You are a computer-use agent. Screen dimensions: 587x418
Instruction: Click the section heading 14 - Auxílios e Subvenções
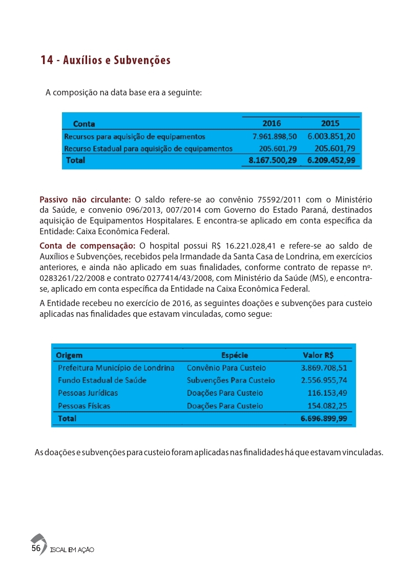click(x=106, y=60)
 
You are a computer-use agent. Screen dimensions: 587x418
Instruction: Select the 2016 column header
click(x=271, y=124)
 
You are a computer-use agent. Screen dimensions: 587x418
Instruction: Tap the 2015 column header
click(x=330, y=124)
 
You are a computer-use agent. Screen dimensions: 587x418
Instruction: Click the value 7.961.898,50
click(x=275, y=137)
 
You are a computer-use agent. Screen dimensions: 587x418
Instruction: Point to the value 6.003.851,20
click(x=331, y=137)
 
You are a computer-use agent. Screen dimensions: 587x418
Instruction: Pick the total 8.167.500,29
click(x=273, y=160)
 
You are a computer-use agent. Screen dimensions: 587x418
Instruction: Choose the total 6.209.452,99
click(x=331, y=160)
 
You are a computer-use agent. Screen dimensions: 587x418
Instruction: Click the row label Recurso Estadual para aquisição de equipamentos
click(x=148, y=149)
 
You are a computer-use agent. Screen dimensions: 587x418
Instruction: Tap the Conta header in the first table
click(x=84, y=124)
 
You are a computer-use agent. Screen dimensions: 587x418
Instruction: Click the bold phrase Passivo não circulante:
click(x=85, y=200)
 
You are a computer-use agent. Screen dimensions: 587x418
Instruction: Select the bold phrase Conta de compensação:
click(x=87, y=245)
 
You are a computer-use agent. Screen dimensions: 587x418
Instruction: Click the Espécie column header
click(x=235, y=355)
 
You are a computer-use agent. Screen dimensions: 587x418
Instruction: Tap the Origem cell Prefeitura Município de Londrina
click(x=116, y=368)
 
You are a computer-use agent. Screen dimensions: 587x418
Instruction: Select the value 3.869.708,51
click(x=324, y=368)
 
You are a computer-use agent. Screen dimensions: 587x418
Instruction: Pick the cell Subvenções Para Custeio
click(x=231, y=380)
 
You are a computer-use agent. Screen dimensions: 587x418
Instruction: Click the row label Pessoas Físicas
click(x=84, y=406)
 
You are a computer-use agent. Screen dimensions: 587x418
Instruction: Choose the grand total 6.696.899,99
click(x=324, y=418)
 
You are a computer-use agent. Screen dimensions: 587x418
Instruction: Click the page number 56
click(x=36, y=548)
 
